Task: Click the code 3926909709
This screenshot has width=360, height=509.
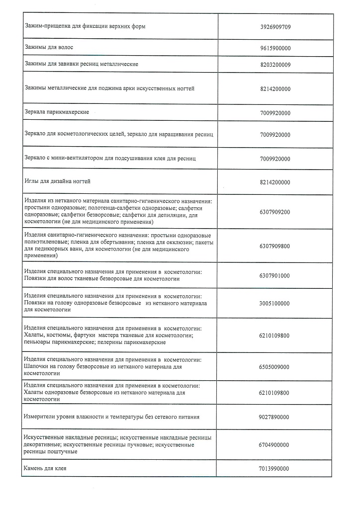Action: [x=275, y=26]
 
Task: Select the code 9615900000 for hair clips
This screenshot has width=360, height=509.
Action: [x=275, y=48]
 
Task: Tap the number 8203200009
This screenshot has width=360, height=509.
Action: [x=275, y=65]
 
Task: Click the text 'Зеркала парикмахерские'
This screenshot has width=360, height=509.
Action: [x=57, y=112]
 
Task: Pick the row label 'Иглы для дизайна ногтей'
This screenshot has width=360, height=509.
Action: [x=58, y=182]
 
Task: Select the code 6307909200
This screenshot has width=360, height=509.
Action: [x=275, y=212]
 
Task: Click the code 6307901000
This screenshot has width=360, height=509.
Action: [x=275, y=275]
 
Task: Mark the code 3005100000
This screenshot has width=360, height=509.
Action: [x=275, y=303]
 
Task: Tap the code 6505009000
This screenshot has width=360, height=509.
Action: [x=275, y=367]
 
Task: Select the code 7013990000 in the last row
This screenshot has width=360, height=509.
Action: [x=275, y=469]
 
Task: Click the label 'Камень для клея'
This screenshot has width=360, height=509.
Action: [x=45, y=469]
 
